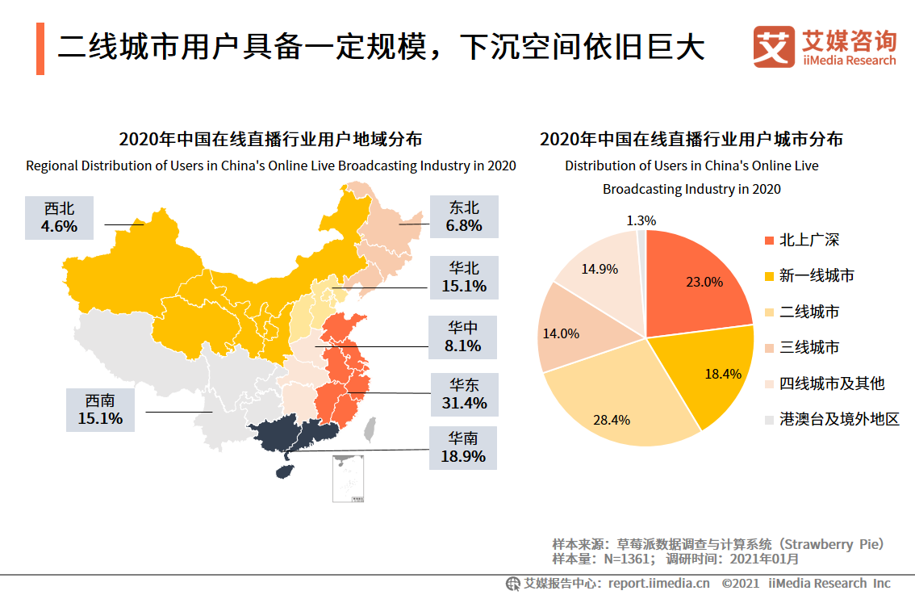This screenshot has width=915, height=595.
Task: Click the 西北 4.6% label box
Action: click(x=59, y=218)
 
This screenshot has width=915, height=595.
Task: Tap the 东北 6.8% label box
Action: click(x=464, y=216)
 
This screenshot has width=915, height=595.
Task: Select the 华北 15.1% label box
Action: click(x=464, y=278)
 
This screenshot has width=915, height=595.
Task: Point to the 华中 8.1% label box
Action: click(x=463, y=337)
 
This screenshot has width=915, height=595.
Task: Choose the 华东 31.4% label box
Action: click(x=465, y=395)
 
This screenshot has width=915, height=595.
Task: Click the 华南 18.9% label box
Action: click(x=463, y=448)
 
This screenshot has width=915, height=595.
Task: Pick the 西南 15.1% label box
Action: click(x=100, y=410)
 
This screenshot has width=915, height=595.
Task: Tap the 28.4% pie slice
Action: click(x=619, y=403)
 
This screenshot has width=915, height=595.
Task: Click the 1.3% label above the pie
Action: click(x=641, y=220)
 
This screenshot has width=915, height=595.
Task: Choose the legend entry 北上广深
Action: click(x=802, y=240)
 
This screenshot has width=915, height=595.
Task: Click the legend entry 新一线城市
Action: click(x=809, y=275)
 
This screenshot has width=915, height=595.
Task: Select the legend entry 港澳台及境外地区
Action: click(x=832, y=419)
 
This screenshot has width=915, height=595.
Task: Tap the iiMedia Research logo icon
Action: click(x=774, y=47)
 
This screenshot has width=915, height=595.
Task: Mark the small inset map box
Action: click(x=349, y=479)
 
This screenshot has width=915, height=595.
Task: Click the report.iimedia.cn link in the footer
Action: click(x=659, y=584)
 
